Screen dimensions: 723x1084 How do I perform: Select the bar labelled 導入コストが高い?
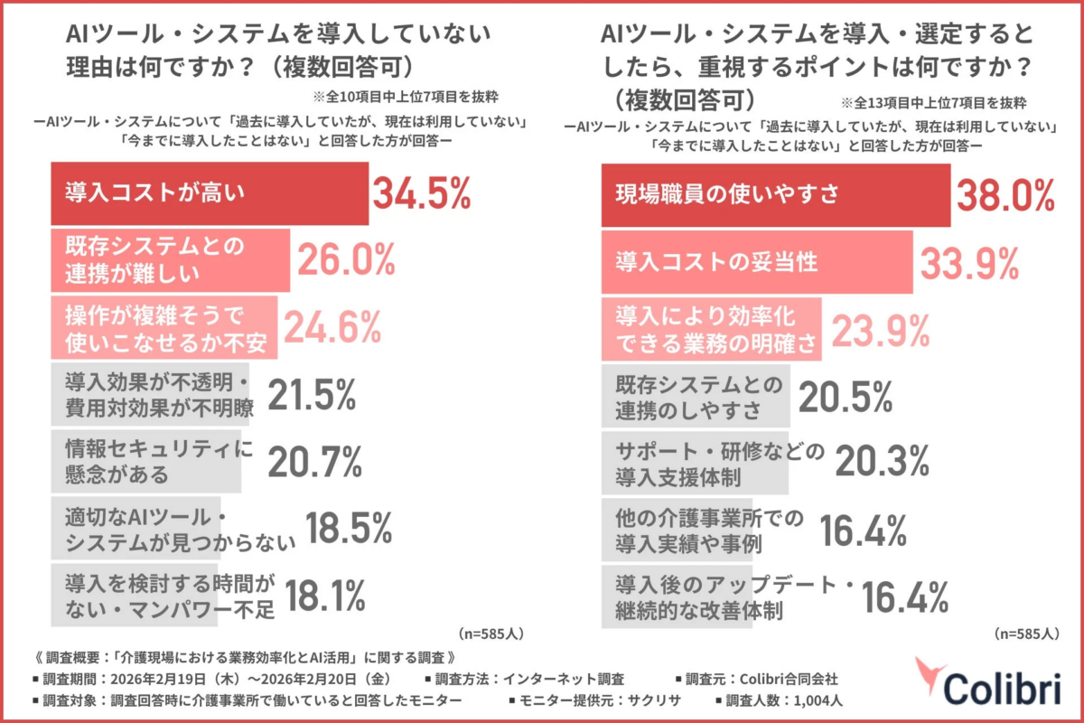pyautogui.click(x=209, y=192)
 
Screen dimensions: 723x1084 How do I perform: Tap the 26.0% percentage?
pyautogui.click(x=346, y=260)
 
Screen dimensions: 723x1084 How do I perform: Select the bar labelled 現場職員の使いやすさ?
pyautogui.click(x=775, y=193)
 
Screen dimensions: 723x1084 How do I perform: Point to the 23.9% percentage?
pyautogui.click(x=881, y=330)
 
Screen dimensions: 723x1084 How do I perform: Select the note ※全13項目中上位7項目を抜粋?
pyautogui.click(x=933, y=102)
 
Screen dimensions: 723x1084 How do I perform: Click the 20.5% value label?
pyautogui.click(x=845, y=396)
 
